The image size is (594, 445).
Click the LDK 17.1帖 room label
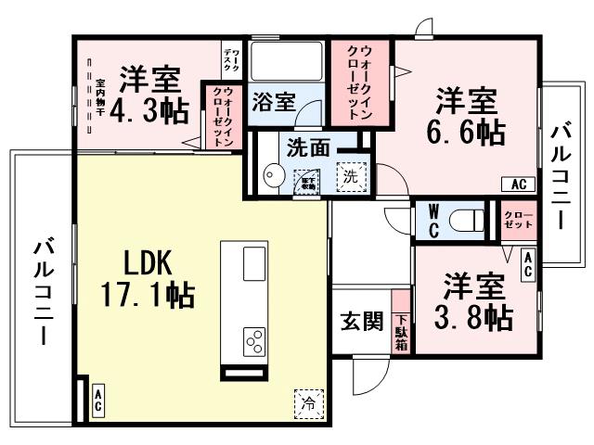point(147,280)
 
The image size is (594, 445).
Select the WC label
point(433,221)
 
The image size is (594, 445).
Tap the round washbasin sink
point(273,176)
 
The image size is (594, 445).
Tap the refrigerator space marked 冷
point(307,402)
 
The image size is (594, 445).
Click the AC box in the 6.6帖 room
point(518,184)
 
